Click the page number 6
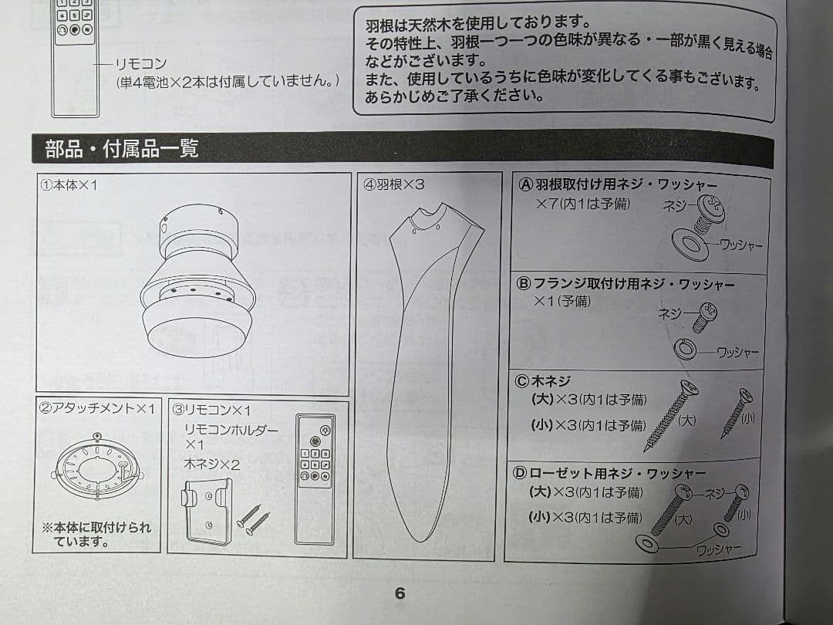[400, 593]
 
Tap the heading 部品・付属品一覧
[122, 148]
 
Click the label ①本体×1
[69, 185]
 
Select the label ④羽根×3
[393, 184]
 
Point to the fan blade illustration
[430, 367]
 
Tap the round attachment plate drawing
[96, 468]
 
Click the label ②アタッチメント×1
[97, 408]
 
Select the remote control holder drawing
[207, 512]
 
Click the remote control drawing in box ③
[315, 479]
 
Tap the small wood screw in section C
[737, 414]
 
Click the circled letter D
[519, 472]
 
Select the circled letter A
[525, 184]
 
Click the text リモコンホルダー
[231, 430]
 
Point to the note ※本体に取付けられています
[96, 534]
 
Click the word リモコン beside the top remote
[141, 64]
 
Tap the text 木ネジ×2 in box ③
[211, 465]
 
